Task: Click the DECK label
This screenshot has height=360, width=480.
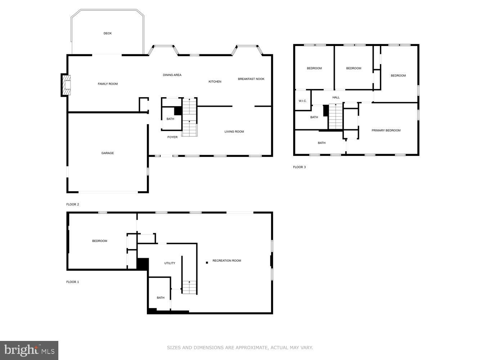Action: [107, 33]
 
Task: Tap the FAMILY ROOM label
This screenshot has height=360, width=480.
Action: [108, 84]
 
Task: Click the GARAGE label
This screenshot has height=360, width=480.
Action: [107, 153]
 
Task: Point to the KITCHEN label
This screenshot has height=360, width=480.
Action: [215, 82]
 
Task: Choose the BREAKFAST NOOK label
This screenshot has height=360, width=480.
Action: [251, 79]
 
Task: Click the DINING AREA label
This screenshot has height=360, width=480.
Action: [172, 75]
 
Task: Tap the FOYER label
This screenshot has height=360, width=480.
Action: [172, 137]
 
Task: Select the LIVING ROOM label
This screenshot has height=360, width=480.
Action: [234, 132]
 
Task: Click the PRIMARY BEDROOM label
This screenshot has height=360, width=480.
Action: [386, 130]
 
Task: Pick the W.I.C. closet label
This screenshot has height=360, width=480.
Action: [302, 101]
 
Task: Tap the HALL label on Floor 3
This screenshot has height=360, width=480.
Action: [336, 98]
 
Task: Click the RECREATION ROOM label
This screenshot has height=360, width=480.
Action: [226, 261]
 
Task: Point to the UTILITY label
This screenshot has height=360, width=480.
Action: [170, 263]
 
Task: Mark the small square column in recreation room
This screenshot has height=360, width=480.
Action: [207, 262]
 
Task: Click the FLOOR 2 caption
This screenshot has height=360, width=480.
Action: [72, 204]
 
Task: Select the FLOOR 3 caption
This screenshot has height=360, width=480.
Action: [299, 167]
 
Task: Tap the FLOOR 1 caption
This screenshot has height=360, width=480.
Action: [72, 282]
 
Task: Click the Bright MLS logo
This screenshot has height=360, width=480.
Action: [29, 350]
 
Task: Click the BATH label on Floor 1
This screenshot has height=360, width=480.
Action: [161, 298]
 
